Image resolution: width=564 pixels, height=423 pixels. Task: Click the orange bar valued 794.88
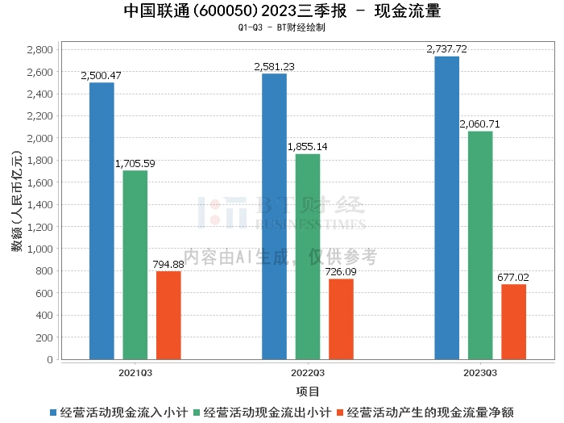coord(168,315)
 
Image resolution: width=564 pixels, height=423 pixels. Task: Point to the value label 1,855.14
coord(307,147)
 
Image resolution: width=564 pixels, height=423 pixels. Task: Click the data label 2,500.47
coord(102,76)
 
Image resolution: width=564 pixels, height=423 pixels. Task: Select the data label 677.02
coord(513,278)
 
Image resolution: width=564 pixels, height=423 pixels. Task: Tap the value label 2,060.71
coord(479,124)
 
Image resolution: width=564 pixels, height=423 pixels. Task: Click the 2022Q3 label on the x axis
coord(308,373)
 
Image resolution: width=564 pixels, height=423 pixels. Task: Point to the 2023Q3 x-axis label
coord(480,373)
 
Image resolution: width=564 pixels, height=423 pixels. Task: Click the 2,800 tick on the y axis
coord(40,50)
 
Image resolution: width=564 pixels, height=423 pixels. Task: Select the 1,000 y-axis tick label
coord(40,249)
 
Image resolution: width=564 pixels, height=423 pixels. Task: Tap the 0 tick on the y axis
coord(50,359)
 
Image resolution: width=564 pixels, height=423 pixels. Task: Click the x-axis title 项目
coord(308,392)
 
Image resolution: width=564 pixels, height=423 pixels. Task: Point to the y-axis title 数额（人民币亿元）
coord(16,204)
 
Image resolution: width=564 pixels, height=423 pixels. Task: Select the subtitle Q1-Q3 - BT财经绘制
coord(282,27)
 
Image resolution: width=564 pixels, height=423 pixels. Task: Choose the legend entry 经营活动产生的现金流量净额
coord(432,413)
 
